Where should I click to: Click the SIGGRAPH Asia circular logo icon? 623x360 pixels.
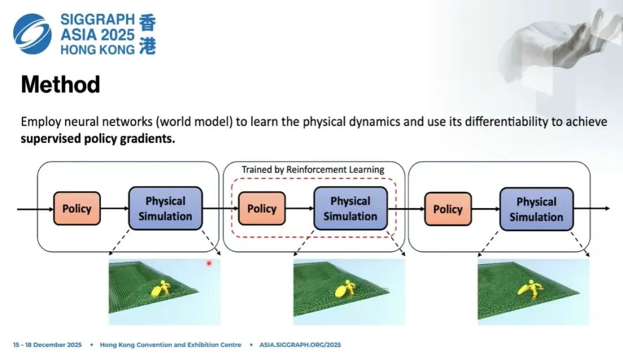tap(32, 34)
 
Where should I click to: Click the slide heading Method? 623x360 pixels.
tap(61, 85)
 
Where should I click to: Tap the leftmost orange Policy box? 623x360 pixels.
tap(77, 208)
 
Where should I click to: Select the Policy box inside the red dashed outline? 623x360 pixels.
tap(262, 208)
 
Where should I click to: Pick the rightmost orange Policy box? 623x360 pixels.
tap(448, 209)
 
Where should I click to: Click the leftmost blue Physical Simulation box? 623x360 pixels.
tap(166, 208)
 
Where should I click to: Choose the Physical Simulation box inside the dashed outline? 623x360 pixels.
tap(350, 208)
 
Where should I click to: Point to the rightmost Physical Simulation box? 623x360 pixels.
tap(536, 209)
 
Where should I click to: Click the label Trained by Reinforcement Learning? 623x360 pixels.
tap(313, 170)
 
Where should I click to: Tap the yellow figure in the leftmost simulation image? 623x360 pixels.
tap(161, 288)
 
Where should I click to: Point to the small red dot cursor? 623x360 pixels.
tap(209, 263)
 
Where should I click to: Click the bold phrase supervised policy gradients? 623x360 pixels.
tap(97, 139)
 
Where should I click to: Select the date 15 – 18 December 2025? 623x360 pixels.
tap(48, 345)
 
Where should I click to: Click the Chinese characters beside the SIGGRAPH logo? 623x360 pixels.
tap(147, 35)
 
